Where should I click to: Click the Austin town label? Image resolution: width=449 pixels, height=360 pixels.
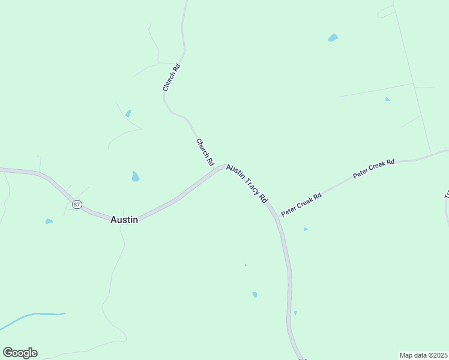(x=124, y=220)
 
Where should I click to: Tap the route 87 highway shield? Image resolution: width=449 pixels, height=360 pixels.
(x=77, y=205)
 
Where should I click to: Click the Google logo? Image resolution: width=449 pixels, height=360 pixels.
(x=20, y=353)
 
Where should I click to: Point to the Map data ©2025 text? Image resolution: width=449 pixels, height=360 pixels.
(x=424, y=355)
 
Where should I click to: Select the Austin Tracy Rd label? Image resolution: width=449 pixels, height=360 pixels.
(x=246, y=184)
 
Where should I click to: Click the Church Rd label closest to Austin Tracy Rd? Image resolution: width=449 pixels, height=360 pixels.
(x=205, y=152)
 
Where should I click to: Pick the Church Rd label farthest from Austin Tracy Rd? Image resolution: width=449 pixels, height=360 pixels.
(x=172, y=77)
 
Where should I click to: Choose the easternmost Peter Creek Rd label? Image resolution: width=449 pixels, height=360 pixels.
(x=373, y=169)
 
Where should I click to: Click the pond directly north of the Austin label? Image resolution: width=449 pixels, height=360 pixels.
(x=136, y=176)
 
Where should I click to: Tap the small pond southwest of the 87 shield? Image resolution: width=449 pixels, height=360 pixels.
(x=49, y=221)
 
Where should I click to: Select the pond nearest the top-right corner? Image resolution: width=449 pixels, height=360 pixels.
(x=333, y=38)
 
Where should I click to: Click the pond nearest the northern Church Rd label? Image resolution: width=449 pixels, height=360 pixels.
(x=128, y=113)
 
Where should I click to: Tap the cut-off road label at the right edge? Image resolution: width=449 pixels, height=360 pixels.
(x=446, y=195)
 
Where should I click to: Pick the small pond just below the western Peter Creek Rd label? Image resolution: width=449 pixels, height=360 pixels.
(x=305, y=229)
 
